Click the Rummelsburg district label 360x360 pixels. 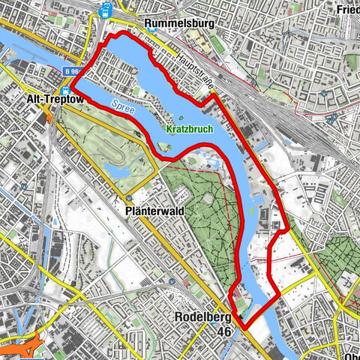point(182,24)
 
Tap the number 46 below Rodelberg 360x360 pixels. point(223,331)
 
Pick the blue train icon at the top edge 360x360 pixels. point(106,9)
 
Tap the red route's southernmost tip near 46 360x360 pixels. point(244,328)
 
